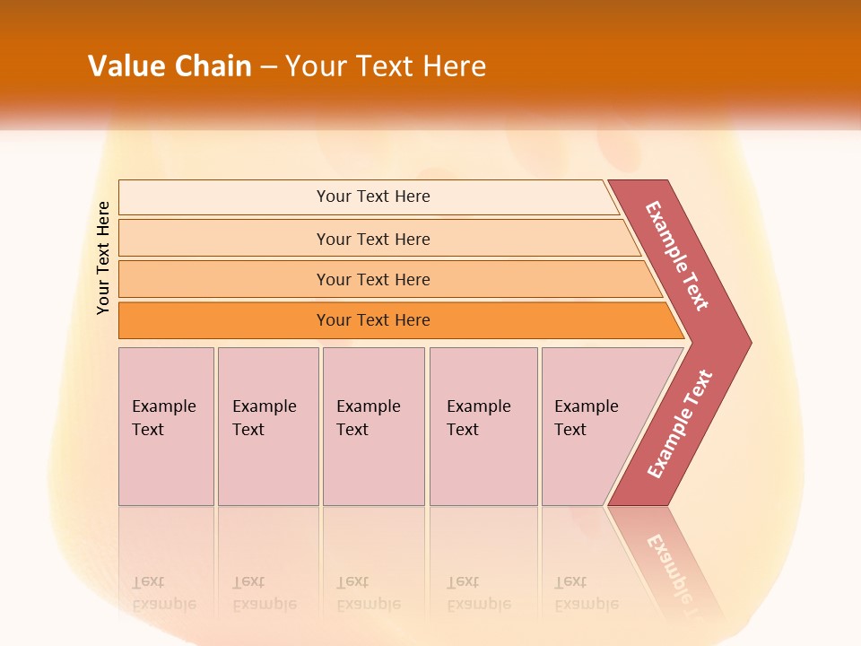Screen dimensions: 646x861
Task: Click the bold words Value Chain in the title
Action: [x=170, y=66]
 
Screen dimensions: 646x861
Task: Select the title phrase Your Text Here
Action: [x=386, y=66]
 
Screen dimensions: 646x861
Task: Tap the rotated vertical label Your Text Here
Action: [x=103, y=258]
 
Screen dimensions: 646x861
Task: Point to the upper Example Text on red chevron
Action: [x=677, y=256]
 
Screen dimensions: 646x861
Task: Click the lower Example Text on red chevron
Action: [x=680, y=424]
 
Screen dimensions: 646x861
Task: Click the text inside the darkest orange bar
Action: [x=373, y=320]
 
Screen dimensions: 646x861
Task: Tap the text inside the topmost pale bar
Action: [x=373, y=196]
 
